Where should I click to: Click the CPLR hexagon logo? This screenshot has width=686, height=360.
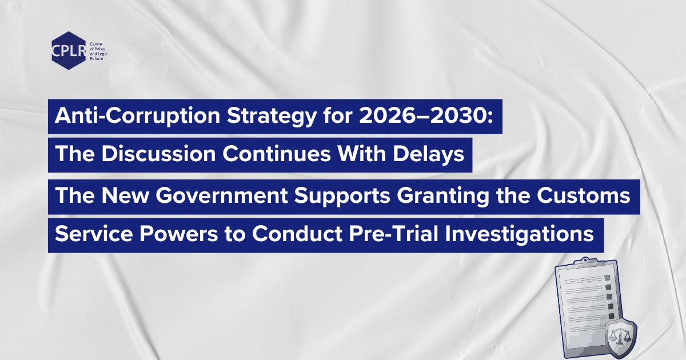(69, 50)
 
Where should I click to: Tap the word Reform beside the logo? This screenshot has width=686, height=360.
(97, 58)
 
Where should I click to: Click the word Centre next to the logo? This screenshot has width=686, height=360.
(96, 44)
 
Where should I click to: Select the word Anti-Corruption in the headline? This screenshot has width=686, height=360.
(138, 115)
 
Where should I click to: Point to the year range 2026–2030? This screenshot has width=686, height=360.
(426, 115)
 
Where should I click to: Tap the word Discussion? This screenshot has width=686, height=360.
(159, 153)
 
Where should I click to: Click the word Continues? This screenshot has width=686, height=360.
(277, 153)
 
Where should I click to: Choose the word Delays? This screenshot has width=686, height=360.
(429, 154)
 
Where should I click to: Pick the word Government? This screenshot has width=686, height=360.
(222, 195)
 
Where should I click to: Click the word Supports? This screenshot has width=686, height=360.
(342, 196)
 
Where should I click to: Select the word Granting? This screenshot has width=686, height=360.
(443, 196)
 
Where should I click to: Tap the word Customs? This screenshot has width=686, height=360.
(584, 195)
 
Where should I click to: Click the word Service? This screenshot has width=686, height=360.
(94, 234)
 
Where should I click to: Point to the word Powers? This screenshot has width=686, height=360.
(178, 234)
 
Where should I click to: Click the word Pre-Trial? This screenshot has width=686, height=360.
(393, 234)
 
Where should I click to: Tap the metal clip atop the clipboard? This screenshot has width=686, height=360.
(585, 262)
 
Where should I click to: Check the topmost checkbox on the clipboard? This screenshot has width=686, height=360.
(607, 278)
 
